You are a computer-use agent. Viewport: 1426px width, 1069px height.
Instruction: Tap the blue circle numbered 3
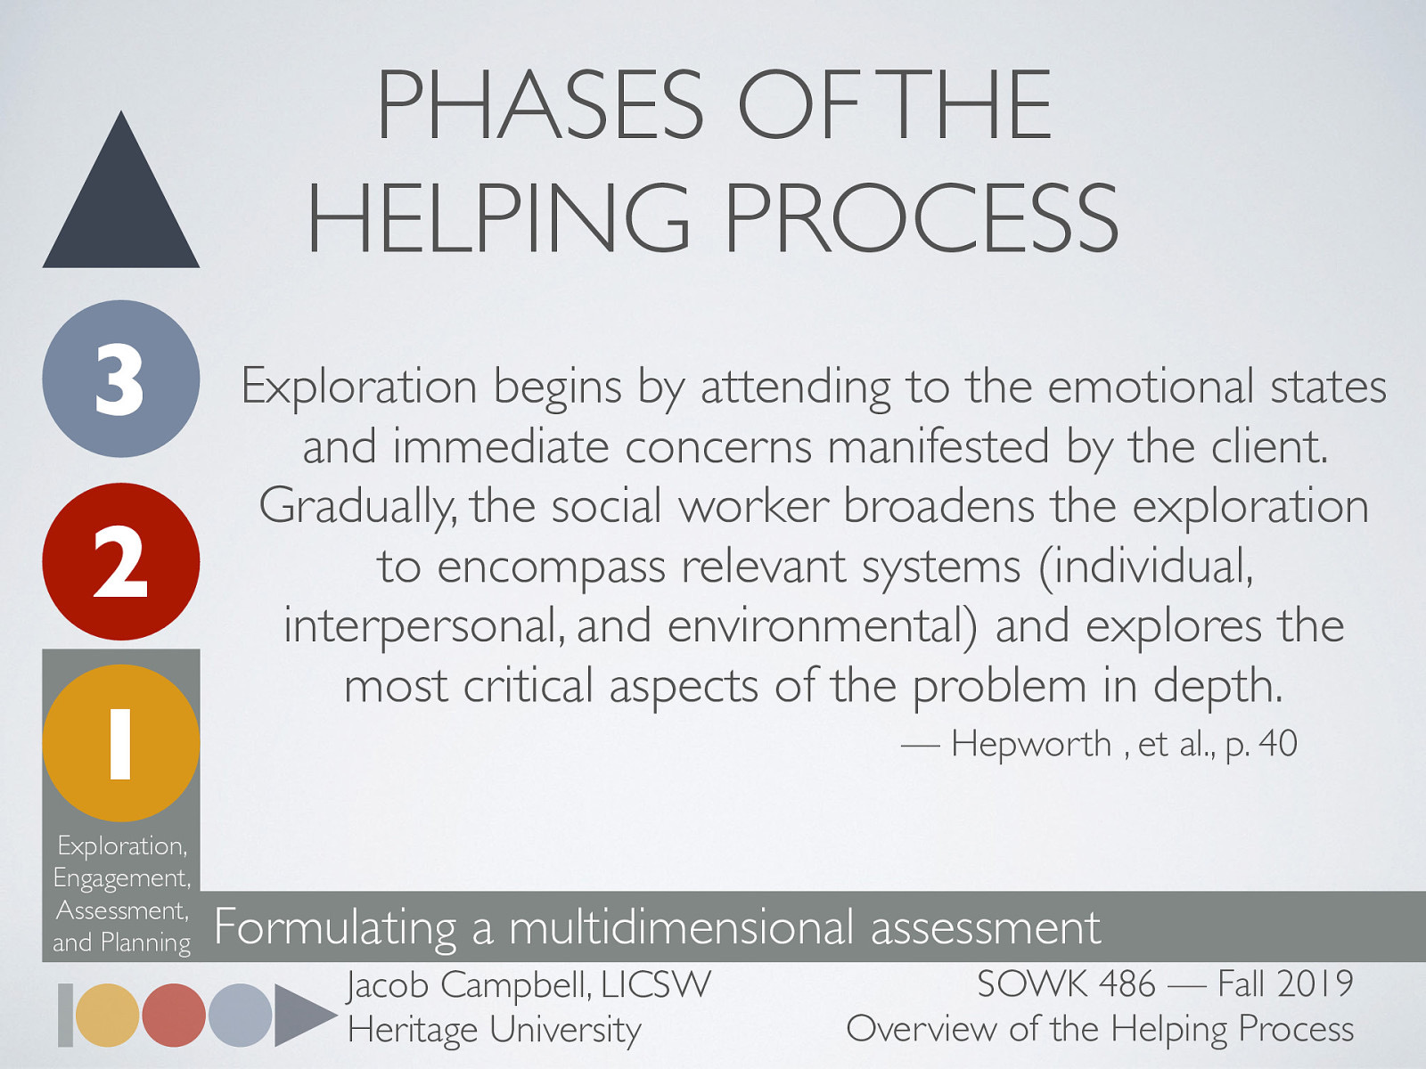(x=121, y=379)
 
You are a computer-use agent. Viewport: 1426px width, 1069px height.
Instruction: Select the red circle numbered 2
(x=121, y=561)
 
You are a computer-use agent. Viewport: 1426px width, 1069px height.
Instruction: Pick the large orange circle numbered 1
(x=121, y=743)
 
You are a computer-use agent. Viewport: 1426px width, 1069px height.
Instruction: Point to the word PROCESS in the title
(x=922, y=218)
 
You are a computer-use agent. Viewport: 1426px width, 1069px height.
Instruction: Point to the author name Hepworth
(x=1031, y=744)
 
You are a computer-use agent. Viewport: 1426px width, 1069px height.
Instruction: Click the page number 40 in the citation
(x=1278, y=744)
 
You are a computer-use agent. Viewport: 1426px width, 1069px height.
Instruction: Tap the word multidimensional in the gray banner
(x=682, y=927)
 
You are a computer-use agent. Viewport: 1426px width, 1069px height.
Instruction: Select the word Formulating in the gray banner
(x=335, y=927)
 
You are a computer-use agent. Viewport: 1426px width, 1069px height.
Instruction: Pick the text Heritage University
(x=495, y=1030)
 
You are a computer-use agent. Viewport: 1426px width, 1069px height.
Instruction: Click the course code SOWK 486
(x=1066, y=985)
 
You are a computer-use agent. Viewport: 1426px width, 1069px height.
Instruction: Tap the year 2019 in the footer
(x=1315, y=985)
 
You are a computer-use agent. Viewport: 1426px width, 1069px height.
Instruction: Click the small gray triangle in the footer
(x=300, y=1015)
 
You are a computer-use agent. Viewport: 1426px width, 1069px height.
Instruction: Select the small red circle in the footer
(x=174, y=1015)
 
